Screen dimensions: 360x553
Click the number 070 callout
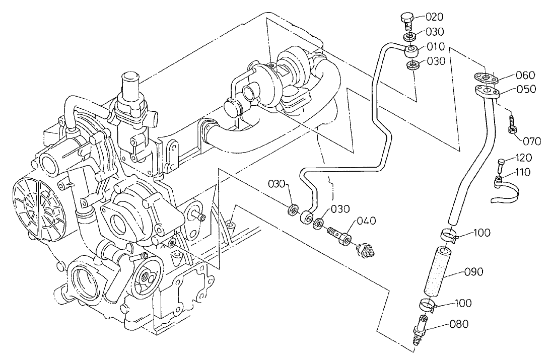(531, 141)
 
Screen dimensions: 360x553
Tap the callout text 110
(523, 172)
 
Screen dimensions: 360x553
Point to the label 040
(367, 221)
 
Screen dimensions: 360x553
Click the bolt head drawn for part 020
(406, 20)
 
